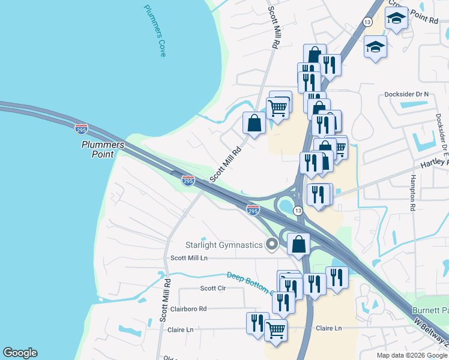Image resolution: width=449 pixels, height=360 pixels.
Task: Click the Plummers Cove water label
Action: point(154,31)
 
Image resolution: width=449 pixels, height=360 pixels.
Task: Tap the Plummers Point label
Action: point(103,149)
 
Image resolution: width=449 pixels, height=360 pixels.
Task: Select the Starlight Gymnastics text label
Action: point(224,245)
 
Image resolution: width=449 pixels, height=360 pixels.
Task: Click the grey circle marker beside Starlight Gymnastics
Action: point(273,244)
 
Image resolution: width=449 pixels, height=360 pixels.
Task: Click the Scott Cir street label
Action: point(212,288)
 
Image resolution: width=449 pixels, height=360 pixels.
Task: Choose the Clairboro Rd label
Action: point(188,309)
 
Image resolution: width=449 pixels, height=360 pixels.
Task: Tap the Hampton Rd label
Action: point(413,193)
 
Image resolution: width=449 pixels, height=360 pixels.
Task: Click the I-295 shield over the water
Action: point(82,128)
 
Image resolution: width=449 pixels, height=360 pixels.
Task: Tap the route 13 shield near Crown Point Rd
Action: point(367,22)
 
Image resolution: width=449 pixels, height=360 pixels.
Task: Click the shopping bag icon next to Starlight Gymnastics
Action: point(298,244)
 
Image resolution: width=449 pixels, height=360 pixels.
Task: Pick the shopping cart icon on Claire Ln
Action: point(276,329)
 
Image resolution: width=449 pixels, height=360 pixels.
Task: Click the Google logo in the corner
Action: point(20,353)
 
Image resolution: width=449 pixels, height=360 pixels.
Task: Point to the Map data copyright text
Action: point(411,355)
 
